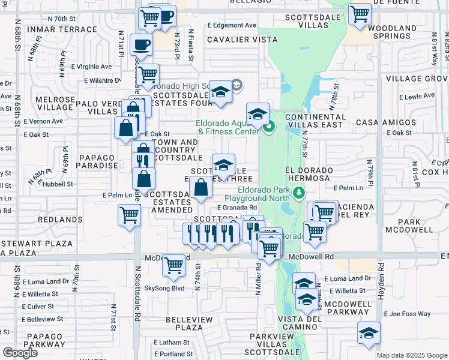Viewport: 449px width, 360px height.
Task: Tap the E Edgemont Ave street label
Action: coord(232,25)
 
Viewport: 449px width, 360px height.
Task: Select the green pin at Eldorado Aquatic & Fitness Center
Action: coord(270,127)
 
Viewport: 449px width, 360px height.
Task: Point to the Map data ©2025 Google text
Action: coord(412,355)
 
